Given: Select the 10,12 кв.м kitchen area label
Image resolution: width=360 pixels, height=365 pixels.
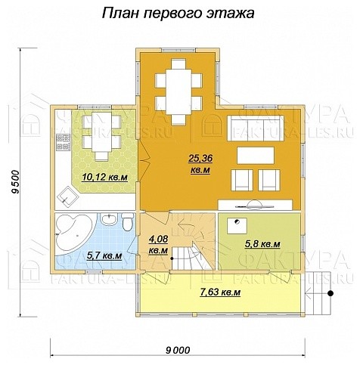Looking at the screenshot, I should pos(104,178).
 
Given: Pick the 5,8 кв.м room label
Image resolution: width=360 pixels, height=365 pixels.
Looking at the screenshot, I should pos(262,243).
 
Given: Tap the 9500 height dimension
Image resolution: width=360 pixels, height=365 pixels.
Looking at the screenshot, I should pos(16,182).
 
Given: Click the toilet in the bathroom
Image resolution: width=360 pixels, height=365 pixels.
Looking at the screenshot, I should pos(128,226).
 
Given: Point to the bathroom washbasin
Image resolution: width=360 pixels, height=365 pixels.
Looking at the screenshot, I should pos(110,222).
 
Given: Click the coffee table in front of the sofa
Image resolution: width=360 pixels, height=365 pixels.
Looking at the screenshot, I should pos(257,155).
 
